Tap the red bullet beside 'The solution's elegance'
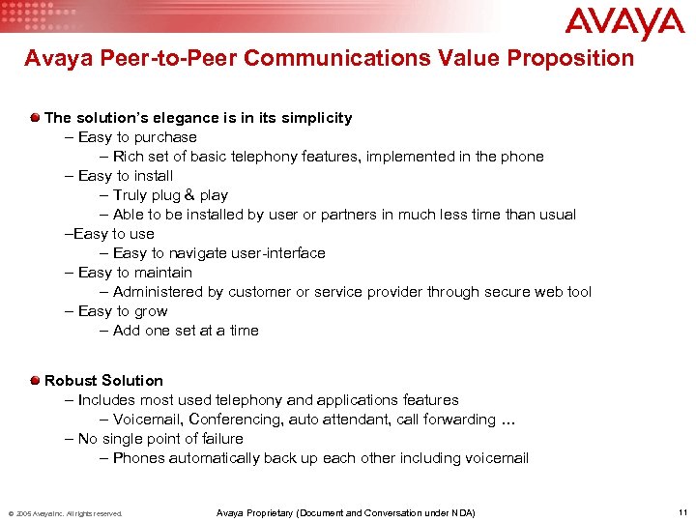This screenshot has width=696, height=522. tap(35, 117)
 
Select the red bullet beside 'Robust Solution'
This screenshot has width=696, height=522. tap(35, 380)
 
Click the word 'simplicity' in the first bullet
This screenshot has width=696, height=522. tap(316, 118)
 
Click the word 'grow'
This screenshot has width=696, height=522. tap(150, 311)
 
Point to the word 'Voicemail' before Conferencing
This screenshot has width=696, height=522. tap(147, 420)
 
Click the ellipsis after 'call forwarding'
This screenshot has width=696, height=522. tap(507, 420)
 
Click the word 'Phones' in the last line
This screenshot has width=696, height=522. tap(139, 458)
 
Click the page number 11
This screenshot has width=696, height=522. tap(681, 512)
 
